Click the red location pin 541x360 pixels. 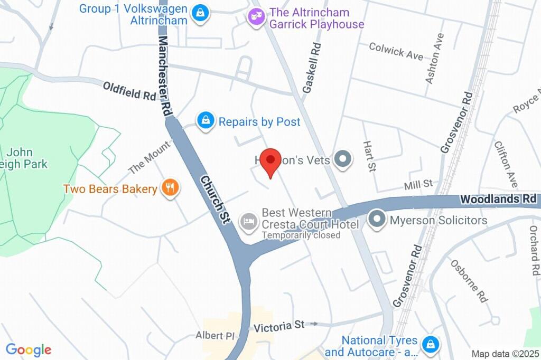click(x=272, y=161)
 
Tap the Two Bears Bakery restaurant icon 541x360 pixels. click(x=170, y=188)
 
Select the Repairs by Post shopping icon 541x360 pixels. click(x=205, y=121)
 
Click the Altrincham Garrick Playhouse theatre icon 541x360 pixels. click(x=256, y=17)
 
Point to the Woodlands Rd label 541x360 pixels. click(x=498, y=200)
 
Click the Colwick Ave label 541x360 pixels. click(x=396, y=51)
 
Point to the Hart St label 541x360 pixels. click(x=369, y=156)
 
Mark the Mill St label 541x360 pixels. click(x=418, y=184)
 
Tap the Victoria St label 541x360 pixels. click(x=279, y=326)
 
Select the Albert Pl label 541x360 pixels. click(x=214, y=336)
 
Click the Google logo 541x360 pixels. click(x=29, y=349)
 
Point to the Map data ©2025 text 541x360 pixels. click(x=505, y=354)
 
